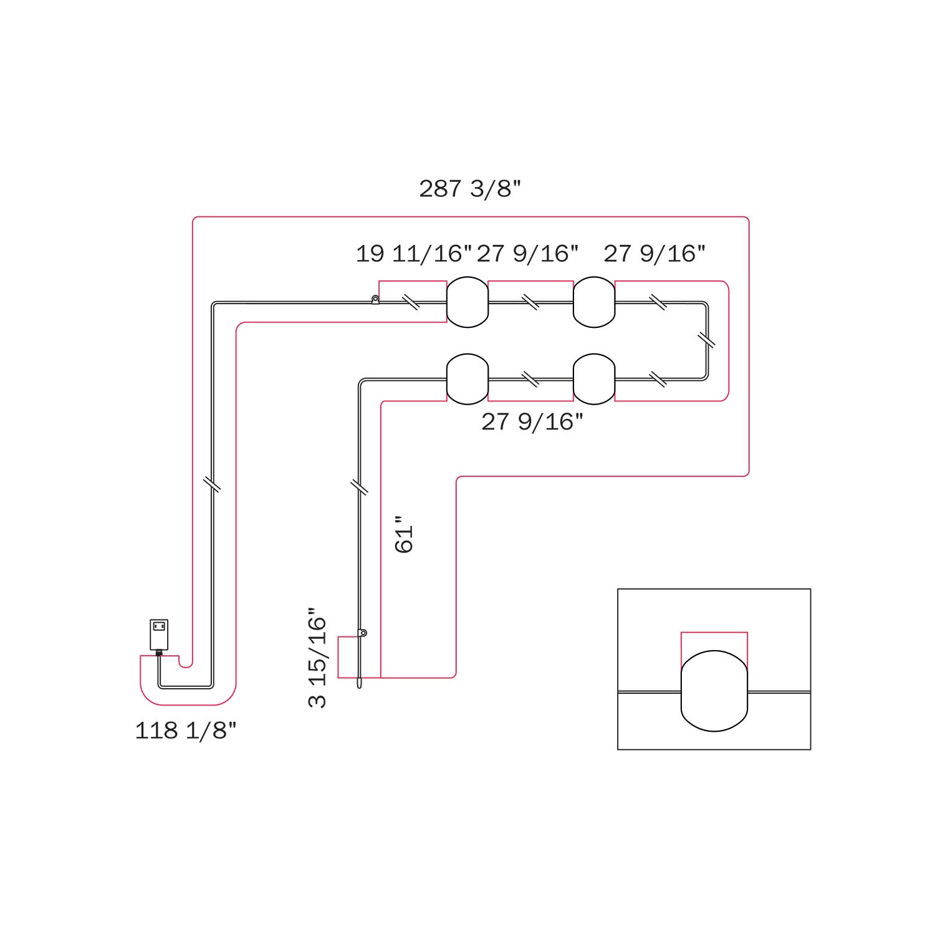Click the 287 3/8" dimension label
pyautogui.click(x=469, y=188)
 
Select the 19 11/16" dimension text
pyautogui.click(x=413, y=254)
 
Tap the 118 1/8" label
pyautogui.click(x=186, y=730)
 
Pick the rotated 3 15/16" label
pyautogui.click(x=317, y=658)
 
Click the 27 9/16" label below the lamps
pyautogui.click(x=532, y=422)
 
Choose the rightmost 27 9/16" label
pyautogui.click(x=654, y=254)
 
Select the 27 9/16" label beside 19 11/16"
pyautogui.click(x=528, y=254)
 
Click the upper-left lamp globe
pyautogui.click(x=467, y=302)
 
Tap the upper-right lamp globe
pyautogui.click(x=594, y=302)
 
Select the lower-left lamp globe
pyautogui.click(x=467, y=379)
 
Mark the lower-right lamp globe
pyautogui.click(x=594, y=379)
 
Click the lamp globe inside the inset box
pyautogui.click(x=714, y=691)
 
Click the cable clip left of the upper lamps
pyautogui.click(x=375, y=300)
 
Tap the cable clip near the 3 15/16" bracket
pyautogui.click(x=362, y=633)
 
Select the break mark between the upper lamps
pyautogui.click(x=530, y=302)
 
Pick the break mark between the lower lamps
pyautogui.click(x=530, y=379)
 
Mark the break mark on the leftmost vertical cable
pyautogui.click(x=212, y=484)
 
